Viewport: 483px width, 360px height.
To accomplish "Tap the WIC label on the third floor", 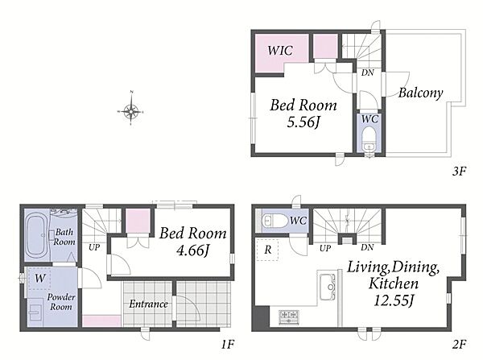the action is [x=280, y=50].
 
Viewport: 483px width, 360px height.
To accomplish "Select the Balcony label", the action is [x=420, y=93].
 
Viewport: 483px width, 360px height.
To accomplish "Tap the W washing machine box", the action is [x=39, y=279].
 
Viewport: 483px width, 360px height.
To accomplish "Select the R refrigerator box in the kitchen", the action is [x=267, y=250].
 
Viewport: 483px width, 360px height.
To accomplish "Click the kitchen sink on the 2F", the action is [x=328, y=287].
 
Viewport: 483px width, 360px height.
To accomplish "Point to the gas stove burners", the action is [x=289, y=317].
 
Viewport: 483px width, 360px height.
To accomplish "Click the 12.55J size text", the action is [x=394, y=300].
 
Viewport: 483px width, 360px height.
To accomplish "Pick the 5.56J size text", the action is [x=303, y=122].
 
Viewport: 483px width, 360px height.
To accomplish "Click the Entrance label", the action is [x=148, y=304].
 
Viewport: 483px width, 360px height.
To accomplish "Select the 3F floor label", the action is [x=459, y=171].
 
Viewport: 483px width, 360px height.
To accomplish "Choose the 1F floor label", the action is [x=229, y=344].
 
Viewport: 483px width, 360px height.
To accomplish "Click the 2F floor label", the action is [x=459, y=344].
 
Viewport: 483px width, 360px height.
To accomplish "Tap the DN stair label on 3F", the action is [x=368, y=72].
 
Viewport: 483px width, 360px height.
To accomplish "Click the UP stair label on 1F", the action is [x=94, y=247].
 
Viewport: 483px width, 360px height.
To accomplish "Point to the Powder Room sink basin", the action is [x=35, y=312].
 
